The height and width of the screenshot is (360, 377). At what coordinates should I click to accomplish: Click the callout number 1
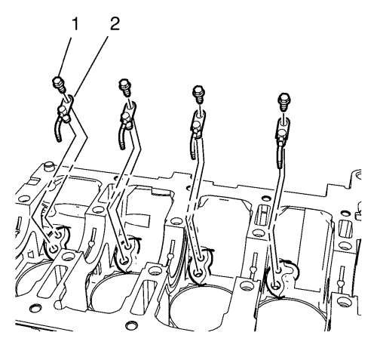tap(75, 25)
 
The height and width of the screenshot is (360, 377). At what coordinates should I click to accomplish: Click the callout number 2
tap(114, 24)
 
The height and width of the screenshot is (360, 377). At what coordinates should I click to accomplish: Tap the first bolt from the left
tap(59, 85)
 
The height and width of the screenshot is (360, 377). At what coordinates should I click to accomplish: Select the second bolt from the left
tap(125, 88)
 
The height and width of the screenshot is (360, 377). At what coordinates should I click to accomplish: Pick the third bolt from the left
tap(198, 94)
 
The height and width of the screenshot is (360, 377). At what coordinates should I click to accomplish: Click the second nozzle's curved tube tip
tap(123, 147)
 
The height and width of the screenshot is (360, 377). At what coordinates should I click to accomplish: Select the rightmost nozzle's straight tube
tap(280, 157)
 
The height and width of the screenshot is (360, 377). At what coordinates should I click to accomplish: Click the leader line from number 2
tap(90, 66)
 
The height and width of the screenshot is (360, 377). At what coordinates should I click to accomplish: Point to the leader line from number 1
tap(66, 57)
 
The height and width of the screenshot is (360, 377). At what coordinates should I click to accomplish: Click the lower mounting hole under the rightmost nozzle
tap(276, 286)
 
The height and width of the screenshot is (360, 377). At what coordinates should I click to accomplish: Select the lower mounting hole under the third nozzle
tap(198, 273)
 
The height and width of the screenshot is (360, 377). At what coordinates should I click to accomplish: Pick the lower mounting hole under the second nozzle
tap(124, 262)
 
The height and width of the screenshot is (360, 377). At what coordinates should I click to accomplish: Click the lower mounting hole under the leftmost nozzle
tap(54, 250)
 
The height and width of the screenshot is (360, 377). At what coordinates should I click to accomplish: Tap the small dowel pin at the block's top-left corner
tap(48, 166)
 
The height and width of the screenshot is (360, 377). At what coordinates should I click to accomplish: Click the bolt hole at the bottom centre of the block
tap(130, 325)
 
